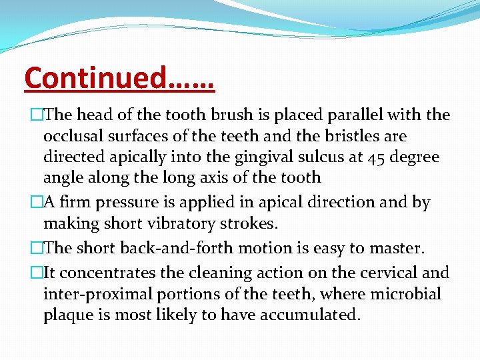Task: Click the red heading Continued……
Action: point(119,77)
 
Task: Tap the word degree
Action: point(415,157)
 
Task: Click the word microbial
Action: point(408,294)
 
